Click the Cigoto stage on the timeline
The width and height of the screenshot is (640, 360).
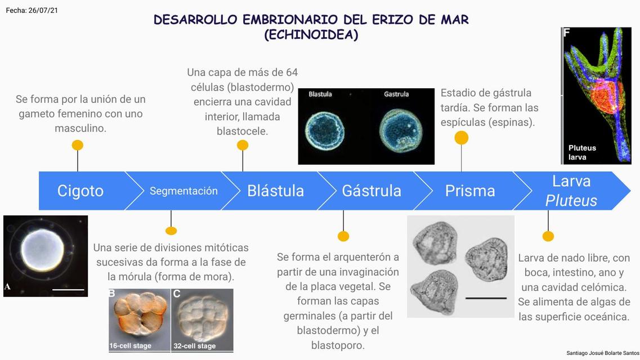[80, 191]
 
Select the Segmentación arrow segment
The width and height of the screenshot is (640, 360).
[184, 191]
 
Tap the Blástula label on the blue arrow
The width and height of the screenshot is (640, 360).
[275, 191]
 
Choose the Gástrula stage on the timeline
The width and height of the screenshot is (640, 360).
[372, 191]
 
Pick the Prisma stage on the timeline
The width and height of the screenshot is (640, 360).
[470, 191]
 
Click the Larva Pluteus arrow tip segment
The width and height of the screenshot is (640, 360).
[571, 191]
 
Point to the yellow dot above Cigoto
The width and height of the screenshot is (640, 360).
[78, 145]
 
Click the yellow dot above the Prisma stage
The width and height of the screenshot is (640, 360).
[461, 138]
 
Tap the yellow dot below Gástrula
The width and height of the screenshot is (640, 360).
[343, 236]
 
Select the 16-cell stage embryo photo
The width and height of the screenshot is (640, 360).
[140, 320]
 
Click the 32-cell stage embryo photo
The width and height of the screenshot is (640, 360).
[202, 320]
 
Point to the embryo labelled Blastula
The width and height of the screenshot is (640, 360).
[325, 131]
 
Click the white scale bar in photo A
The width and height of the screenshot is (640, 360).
[68, 290]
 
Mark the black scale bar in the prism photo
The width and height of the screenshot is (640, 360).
[486, 298]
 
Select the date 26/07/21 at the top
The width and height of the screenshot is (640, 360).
[43, 10]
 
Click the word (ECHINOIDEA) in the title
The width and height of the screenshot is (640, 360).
[311, 35]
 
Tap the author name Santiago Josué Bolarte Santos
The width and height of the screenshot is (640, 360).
[603, 353]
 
